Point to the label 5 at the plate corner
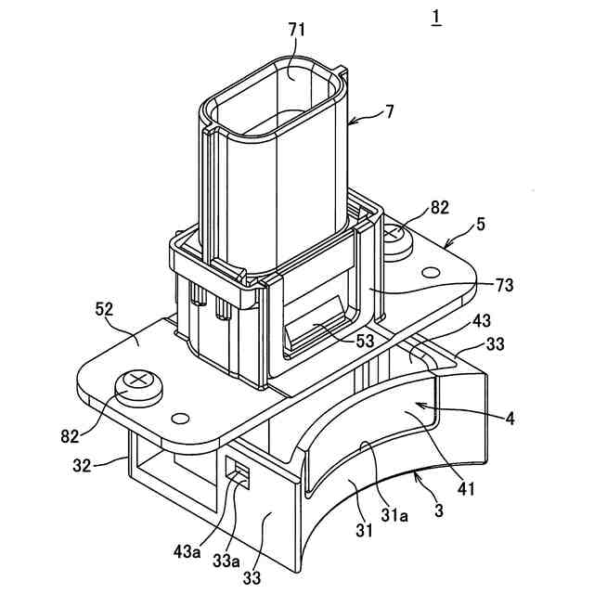tap(481, 223)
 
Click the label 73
tap(505, 284)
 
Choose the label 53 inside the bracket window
tap(364, 340)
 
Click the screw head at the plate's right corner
tap(396, 237)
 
